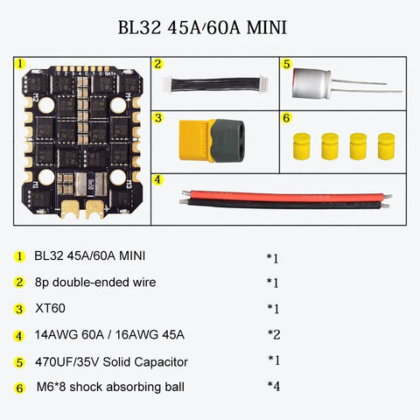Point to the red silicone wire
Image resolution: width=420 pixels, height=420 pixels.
tap(280, 195)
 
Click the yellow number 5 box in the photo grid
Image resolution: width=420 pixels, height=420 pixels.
tap(285, 64)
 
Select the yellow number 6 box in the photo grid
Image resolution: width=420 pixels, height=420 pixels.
tap(285, 116)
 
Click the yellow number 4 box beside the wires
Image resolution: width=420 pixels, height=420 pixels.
tap(157, 179)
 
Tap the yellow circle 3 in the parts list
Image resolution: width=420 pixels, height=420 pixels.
tap(19, 309)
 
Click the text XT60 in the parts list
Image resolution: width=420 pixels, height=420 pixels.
tap(49, 309)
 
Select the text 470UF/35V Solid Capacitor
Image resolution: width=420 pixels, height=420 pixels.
tap(111, 361)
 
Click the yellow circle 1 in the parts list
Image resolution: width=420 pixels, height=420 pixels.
tap(19, 256)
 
